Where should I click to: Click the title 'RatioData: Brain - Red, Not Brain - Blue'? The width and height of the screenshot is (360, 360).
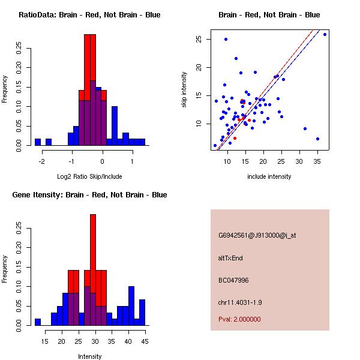pyautogui.click(x=89, y=15)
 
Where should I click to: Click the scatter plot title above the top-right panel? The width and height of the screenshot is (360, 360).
pyautogui.click(x=269, y=15)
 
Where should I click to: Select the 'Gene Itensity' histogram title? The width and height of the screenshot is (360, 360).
pyautogui.click(x=89, y=195)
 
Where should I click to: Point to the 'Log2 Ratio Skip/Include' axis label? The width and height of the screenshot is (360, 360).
pyautogui.click(x=89, y=177)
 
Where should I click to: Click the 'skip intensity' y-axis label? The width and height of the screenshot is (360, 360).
pyautogui.click(x=184, y=90)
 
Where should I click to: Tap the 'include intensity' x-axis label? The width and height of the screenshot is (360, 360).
pyautogui.click(x=269, y=177)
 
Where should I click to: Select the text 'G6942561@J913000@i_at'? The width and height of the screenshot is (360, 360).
pyautogui.click(x=257, y=235)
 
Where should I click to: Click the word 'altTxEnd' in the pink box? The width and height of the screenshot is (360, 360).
pyautogui.click(x=230, y=258)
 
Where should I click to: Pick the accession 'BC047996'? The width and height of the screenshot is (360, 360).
pyautogui.click(x=233, y=280)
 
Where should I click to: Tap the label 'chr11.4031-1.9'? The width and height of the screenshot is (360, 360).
pyautogui.click(x=240, y=302)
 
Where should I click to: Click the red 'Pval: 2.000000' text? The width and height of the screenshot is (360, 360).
pyautogui.click(x=239, y=319)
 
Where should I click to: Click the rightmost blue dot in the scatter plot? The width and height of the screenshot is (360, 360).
pyautogui.click(x=325, y=34)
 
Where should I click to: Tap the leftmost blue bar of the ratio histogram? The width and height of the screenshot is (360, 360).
pyautogui.click(x=38, y=142)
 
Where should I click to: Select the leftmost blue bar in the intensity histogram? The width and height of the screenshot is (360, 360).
pyautogui.click(x=37, y=322)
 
